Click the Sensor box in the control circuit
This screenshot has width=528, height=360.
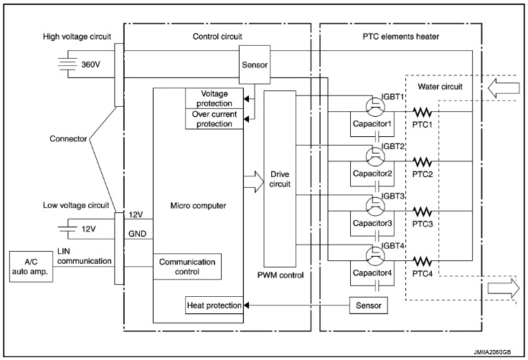coord(255,64)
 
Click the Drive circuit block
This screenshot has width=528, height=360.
coord(279,181)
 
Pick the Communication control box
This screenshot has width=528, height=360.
coord(189,267)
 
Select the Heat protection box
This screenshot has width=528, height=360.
coord(212,305)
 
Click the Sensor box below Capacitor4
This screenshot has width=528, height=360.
coord(369,305)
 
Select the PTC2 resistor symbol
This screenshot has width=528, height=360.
coord(423,161)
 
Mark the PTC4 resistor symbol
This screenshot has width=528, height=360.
coord(423,262)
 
